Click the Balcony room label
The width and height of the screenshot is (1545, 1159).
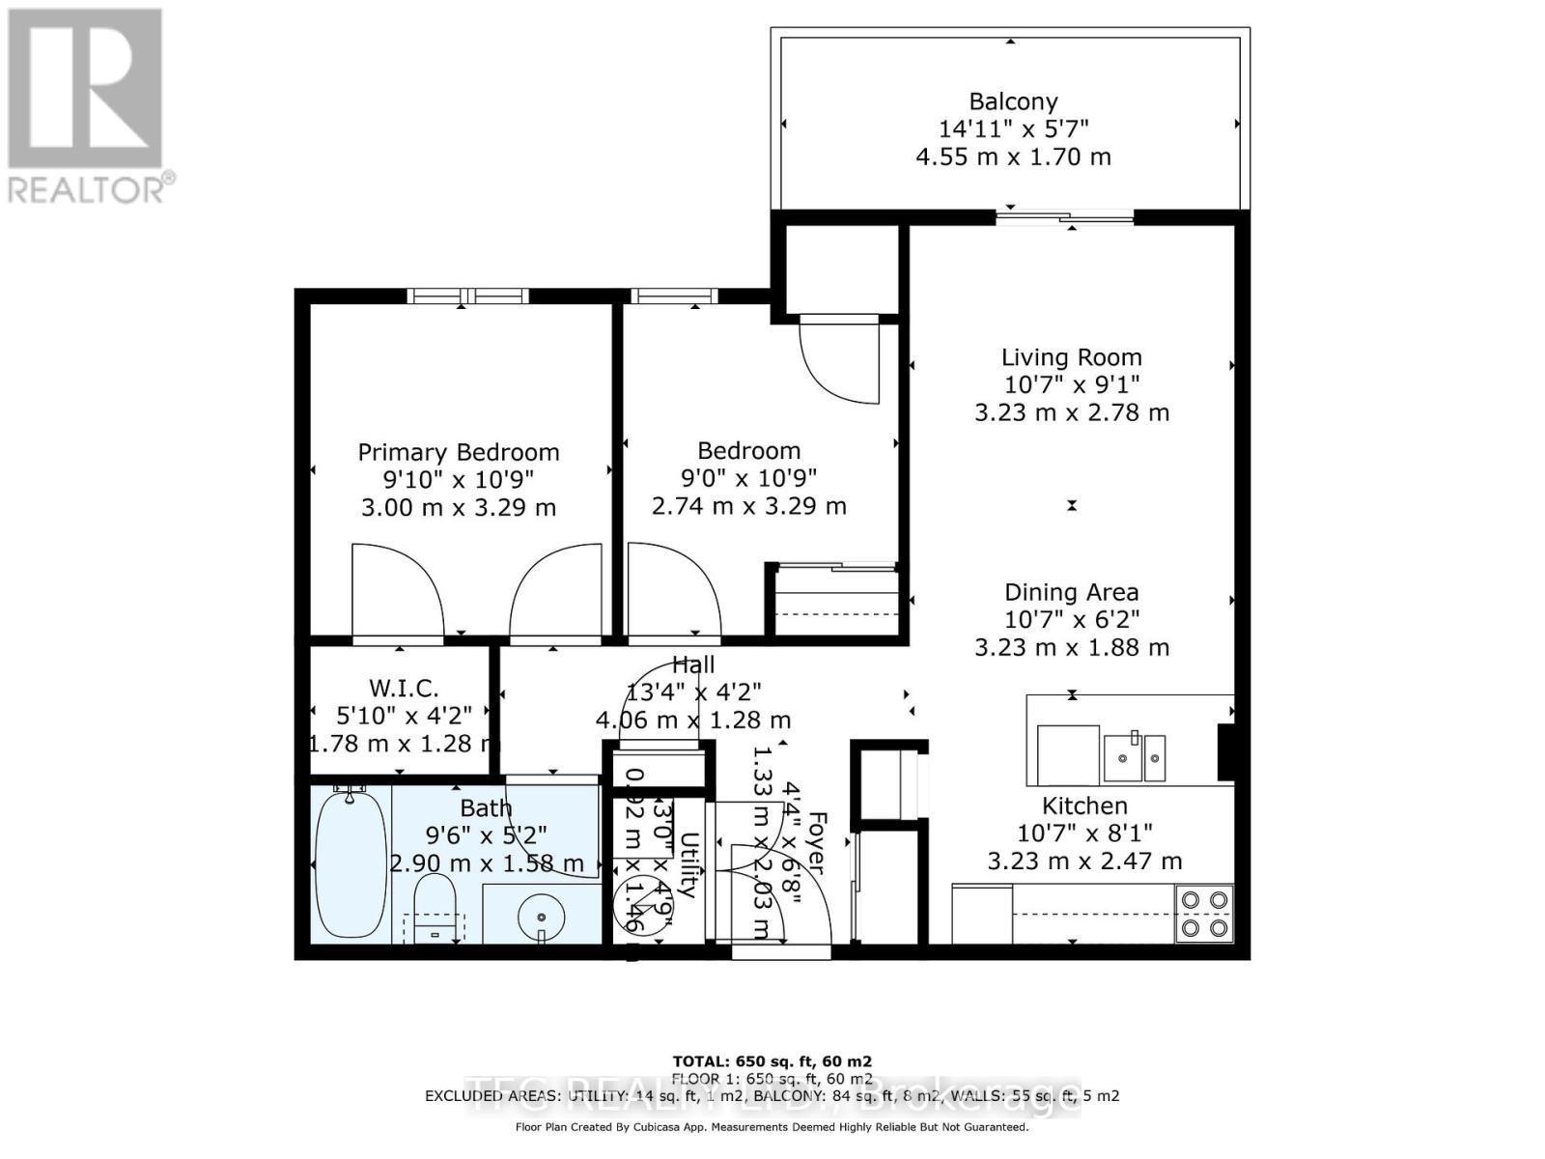pos(1013,101)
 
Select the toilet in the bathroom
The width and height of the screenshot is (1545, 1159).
pos(435,905)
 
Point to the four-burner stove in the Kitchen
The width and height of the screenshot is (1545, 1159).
pos(1204,914)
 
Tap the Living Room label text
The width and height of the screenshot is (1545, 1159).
pos(1071,357)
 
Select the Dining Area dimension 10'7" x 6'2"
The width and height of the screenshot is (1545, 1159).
pos(1071,619)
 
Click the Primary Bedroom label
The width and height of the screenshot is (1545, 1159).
pos(459,452)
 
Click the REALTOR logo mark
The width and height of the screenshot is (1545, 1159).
pos(85,89)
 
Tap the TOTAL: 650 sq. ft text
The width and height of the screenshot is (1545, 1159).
pos(772,1060)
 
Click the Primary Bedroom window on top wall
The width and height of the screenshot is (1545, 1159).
pos(467,296)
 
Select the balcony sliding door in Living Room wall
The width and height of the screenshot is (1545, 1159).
pos(1065,218)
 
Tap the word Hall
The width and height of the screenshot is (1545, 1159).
pos(693,664)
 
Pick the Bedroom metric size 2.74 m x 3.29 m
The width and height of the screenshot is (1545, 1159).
pos(749,505)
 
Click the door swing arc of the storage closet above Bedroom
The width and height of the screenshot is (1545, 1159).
pos(838,362)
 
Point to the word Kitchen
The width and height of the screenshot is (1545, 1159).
pos(1084,806)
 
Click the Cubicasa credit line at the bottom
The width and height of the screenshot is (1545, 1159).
pos(772,1126)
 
